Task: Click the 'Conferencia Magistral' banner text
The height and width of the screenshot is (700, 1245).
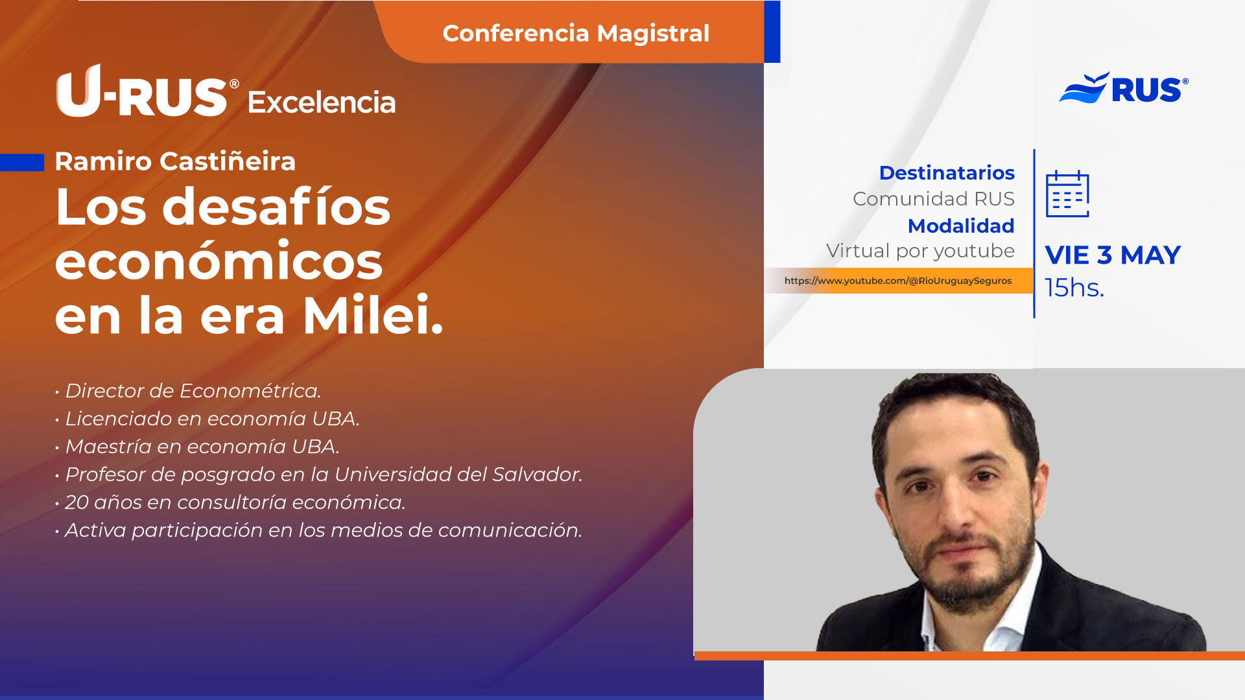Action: [x=576, y=33]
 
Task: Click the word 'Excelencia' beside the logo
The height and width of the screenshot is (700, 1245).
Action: [x=322, y=102]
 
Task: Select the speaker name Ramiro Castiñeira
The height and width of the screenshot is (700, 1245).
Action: [x=175, y=161]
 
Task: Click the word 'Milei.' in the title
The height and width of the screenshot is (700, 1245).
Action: [x=373, y=316]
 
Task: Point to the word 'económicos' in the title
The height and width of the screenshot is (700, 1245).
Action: [x=219, y=261]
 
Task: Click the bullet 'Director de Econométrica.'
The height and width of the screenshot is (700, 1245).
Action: [x=188, y=391]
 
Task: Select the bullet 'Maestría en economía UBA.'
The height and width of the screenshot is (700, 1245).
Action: [x=197, y=447]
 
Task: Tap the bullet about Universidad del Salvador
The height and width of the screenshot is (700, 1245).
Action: [x=318, y=474]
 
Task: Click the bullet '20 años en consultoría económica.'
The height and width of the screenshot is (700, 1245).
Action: [x=230, y=502]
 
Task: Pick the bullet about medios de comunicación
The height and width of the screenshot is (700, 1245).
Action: [x=318, y=530]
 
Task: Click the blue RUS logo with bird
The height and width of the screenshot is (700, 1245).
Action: [x=1124, y=88]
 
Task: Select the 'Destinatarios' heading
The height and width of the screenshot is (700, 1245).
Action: [x=947, y=173]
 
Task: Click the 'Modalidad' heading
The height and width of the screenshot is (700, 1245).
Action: [x=961, y=226]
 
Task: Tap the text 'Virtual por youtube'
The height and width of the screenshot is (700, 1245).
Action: [x=920, y=251]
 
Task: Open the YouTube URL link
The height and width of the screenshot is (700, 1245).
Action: [x=898, y=281]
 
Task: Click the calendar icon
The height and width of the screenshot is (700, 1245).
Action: [x=1067, y=194]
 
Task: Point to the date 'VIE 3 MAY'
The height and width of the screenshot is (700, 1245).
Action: [x=1113, y=255]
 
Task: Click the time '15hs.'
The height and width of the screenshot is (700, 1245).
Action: [x=1074, y=288]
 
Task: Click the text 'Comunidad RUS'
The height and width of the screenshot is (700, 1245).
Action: [x=934, y=199]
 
